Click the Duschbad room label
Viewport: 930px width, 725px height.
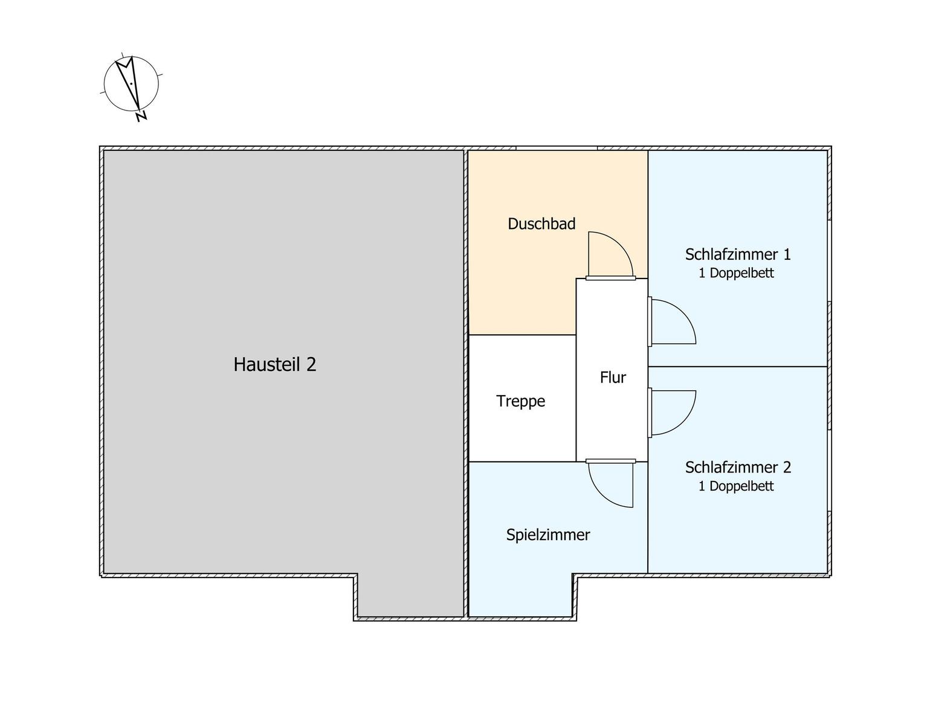[541, 224]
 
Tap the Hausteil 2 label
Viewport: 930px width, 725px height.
[275, 364]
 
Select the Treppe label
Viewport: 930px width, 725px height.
[520, 401]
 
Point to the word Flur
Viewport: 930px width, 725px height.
[613, 377]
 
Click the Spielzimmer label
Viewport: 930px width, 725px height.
[548, 535]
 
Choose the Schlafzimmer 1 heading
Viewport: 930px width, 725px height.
[738, 254]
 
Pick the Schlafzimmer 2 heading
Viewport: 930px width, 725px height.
[738, 467]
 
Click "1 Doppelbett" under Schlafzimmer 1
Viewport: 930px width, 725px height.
[736, 273]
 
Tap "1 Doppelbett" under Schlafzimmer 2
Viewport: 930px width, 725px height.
[736, 486]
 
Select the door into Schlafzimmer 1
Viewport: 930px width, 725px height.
[683, 312]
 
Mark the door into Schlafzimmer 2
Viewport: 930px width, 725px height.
[683, 422]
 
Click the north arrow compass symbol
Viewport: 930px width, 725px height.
[131, 84]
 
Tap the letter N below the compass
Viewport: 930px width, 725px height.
[141, 117]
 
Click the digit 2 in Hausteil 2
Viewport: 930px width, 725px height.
[311, 364]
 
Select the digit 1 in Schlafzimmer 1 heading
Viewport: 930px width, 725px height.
[787, 254]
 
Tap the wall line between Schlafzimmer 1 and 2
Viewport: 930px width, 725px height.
[737, 367]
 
